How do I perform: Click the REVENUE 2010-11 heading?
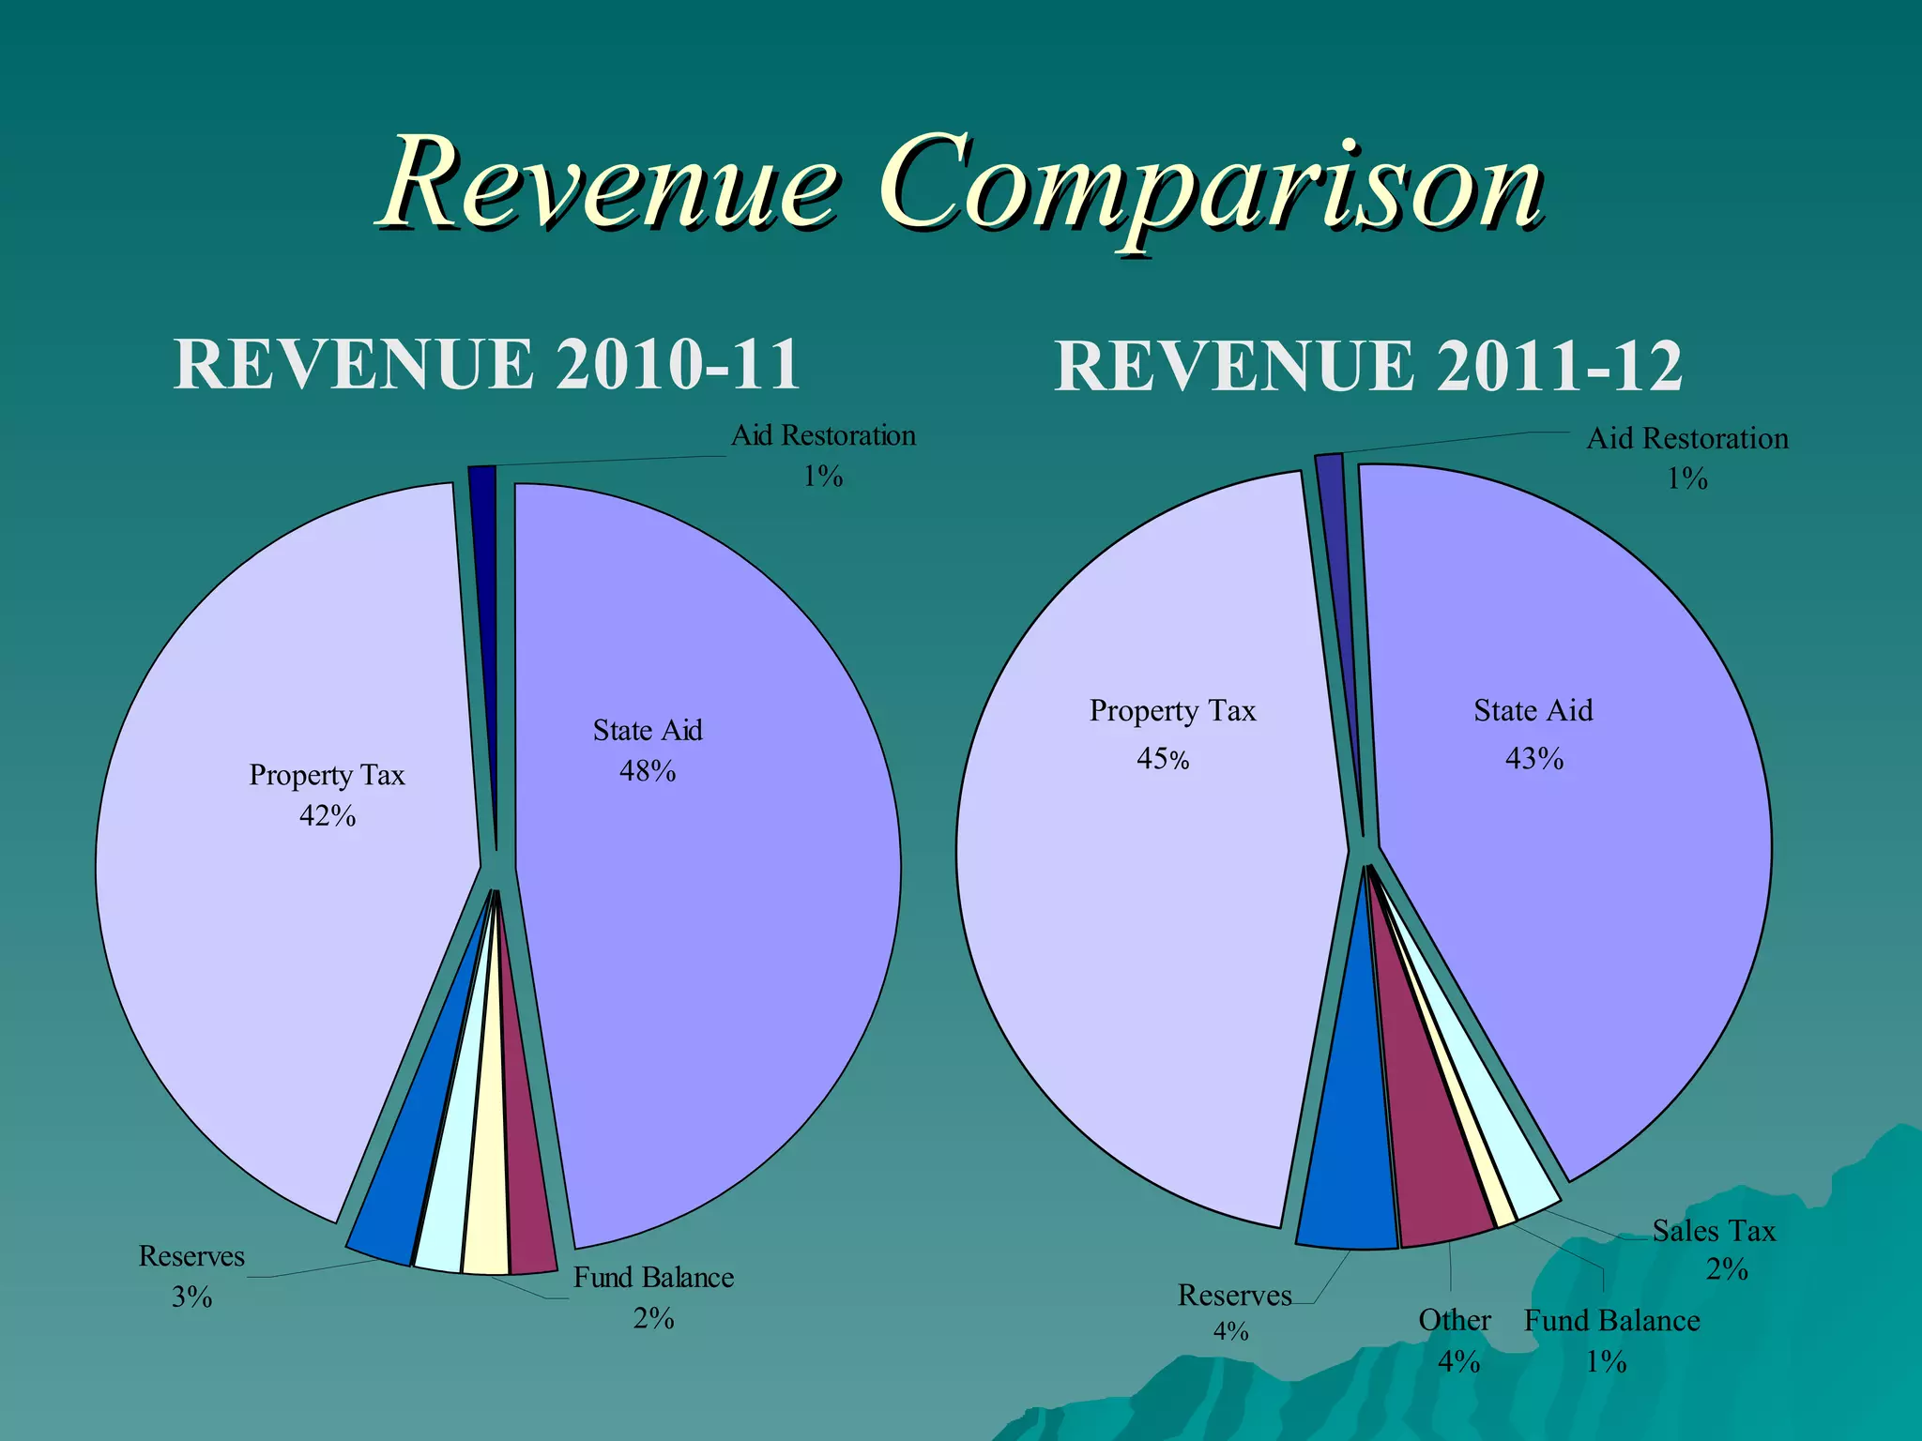(486, 364)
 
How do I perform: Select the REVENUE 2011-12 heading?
(1368, 366)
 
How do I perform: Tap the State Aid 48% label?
(648, 750)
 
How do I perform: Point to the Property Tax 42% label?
(327, 795)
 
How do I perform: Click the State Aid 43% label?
(1533, 734)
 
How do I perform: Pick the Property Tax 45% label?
(1171, 734)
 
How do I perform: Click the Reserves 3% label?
(191, 1276)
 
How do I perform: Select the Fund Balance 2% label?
(653, 1297)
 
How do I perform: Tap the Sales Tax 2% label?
(1714, 1249)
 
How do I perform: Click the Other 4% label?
(1455, 1340)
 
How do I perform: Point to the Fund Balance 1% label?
(1611, 1340)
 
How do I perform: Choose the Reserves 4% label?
(1233, 1311)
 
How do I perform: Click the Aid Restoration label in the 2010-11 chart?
(823, 455)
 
